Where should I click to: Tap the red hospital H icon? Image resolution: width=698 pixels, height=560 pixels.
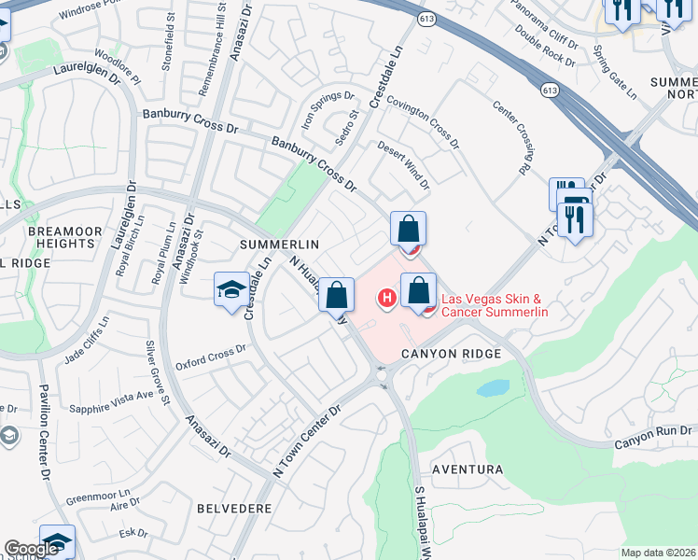pyautogui.click(x=384, y=299)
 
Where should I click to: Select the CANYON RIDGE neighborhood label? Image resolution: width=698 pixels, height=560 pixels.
pyautogui.click(x=451, y=354)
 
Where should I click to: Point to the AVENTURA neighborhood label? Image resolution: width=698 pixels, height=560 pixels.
pyautogui.click(x=467, y=469)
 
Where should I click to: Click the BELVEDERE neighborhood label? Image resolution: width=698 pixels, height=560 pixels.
pyautogui.click(x=234, y=509)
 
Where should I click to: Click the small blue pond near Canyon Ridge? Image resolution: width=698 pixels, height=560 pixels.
pyautogui.click(x=493, y=387)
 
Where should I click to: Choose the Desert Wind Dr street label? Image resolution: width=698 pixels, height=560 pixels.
pyautogui.click(x=403, y=164)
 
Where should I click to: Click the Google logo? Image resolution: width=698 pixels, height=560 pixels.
pyautogui.click(x=32, y=549)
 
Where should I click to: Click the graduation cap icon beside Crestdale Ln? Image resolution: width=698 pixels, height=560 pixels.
pyautogui.click(x=230, y=290)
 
